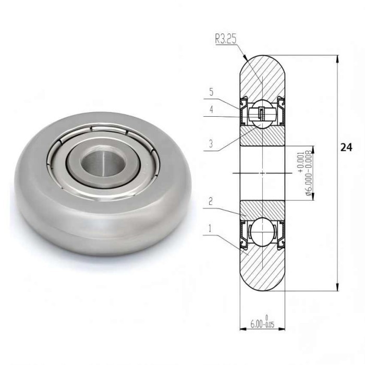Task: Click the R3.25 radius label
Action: pos(226,38)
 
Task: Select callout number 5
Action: pos(211,92)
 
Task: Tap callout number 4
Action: pos(211,110)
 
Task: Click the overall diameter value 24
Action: pos(346,148)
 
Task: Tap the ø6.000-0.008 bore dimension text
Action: pos(309,173)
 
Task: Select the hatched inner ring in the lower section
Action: pos(262,209)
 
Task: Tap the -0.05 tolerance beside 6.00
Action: pos(268,325)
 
